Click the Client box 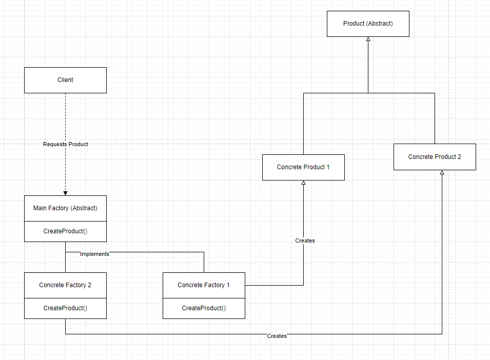click(65, 80)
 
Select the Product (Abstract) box click(368, 24)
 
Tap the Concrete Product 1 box click(303, 167)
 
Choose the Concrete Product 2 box click(435, 157)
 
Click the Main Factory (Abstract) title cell click(65, 208)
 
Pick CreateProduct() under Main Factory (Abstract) click(65, 231)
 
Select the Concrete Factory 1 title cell click(204, 285)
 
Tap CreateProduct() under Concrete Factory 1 click(204, 308)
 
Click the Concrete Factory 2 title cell click(65, 285)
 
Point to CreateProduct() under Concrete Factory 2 click(65, 308)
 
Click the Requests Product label click(66, 145)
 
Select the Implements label click(95, 253)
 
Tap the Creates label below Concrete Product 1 click(305, 241)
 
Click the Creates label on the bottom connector click(277, 336)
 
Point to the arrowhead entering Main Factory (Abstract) click(65, 193)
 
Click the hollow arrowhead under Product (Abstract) click(368, 39)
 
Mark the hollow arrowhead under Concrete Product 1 click(303, 183)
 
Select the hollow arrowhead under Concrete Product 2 click(442, 173)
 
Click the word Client click(65, 80)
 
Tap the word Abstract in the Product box click(380, 24)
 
